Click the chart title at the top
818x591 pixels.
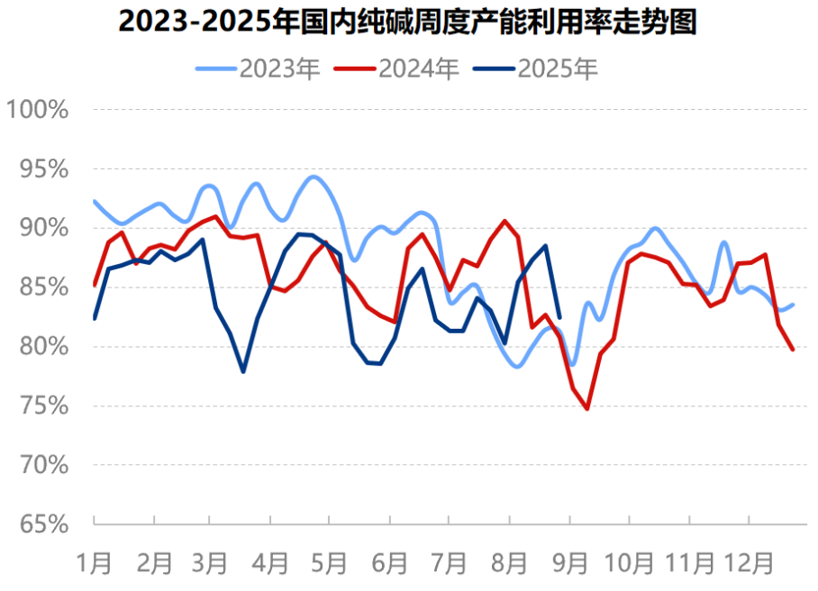pyautogui.click(x=408, y=23)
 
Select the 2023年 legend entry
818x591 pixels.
pyautogui.click(x=259, y=68)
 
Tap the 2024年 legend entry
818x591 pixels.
pyautogui.click(x=398, y=68)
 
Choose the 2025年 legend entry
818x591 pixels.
pyautogui.click(x=537, y=68)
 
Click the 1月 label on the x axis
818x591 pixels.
pyautogui.click(x=95, y=563)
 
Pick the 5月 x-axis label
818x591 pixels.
pyautogui.click(x=329, y=563)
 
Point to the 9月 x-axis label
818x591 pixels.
pyautogui.click(x=570, y=563)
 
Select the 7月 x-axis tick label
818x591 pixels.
pyautogui.click(x=450, y=563)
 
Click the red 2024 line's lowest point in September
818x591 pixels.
pyautogui.click(x=587, y=409)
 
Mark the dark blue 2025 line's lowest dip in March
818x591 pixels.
pyautogui.click(x=243, y=371)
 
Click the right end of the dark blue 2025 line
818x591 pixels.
pyautogui.click(x=559, y=317)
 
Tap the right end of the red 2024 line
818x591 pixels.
pyautogui.click(x=793, y=350)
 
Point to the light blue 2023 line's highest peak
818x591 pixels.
pyautogui.click(x=313, y=177)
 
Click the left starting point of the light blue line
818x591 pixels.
pyautogui.click(x=95, y=201)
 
